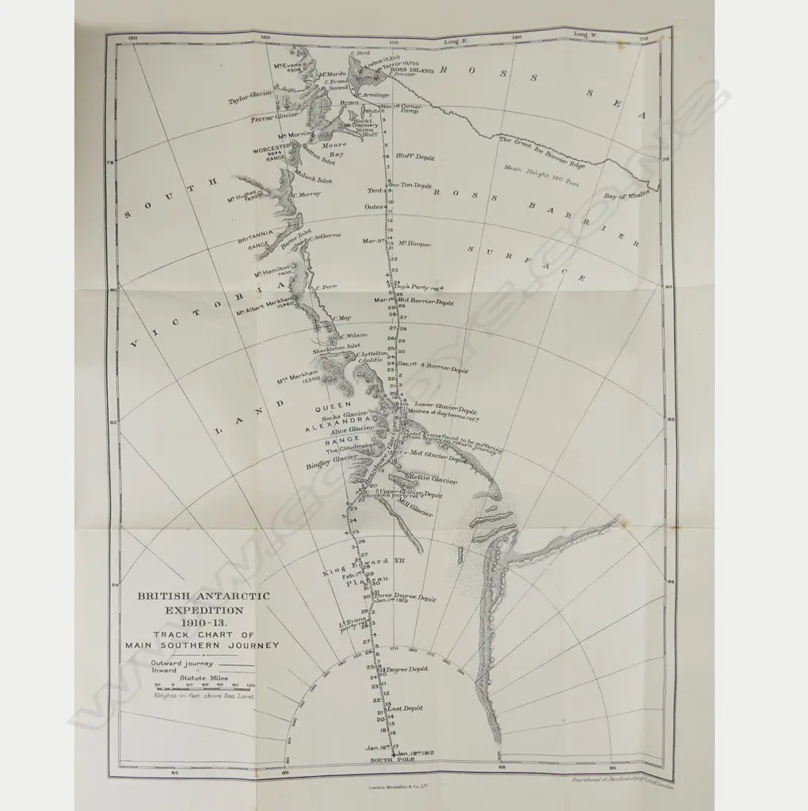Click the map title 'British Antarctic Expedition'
click(x=204, y=603)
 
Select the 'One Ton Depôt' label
click(x=410, y=185)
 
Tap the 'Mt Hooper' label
click(x=414, y=244)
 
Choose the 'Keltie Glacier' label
click(x=433, y=479)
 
